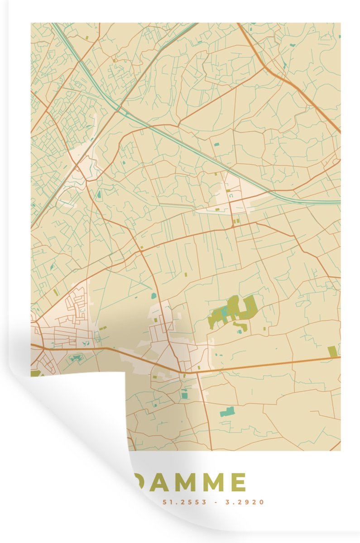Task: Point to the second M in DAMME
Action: (211, 482)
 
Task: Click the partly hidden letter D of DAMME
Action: (138, 482)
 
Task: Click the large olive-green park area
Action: (233, 311)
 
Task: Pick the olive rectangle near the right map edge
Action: (332, 352)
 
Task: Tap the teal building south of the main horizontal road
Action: (227, 412)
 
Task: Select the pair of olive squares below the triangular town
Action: (236, 221)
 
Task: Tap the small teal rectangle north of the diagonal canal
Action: (216, 144)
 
